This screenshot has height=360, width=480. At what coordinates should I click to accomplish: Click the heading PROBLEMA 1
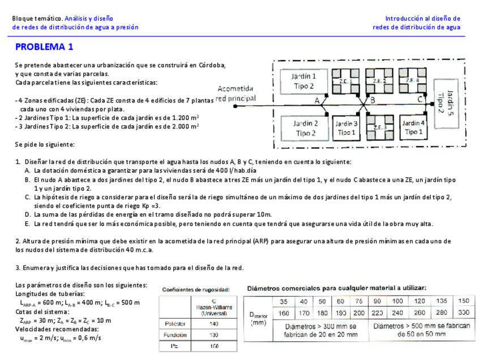point(44,47)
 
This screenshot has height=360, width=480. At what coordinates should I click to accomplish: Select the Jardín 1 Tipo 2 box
point(304,80)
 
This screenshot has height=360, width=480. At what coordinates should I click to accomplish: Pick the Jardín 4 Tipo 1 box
point(413,127)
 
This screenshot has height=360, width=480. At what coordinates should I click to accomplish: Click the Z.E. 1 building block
point(345,81)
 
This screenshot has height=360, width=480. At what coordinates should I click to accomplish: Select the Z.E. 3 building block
point(380,127)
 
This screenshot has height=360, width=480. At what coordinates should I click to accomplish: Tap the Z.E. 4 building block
point(413,80)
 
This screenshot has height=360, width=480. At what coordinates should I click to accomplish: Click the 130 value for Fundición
point(213,335)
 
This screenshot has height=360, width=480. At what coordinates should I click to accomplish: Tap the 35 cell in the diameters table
point(284,301)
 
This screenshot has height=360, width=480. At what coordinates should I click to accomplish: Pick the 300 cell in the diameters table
point(464,312)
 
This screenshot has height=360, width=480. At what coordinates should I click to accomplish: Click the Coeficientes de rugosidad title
point(196,289)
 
